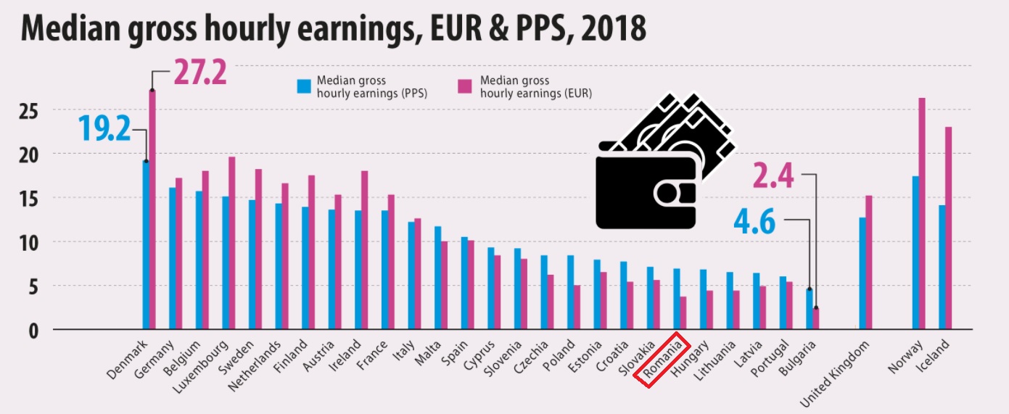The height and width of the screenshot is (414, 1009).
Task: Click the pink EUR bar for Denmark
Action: pyautogui.click(x=152, y=210)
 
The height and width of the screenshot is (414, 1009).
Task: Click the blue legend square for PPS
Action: pyautogui.click(x=304, y=87)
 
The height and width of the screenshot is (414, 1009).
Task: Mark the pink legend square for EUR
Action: pyautogui.click(x=464, y=87)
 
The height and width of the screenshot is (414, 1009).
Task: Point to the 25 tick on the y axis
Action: pyautogui.click(x=28, y=110)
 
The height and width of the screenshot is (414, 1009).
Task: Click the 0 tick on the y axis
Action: pyautogui.click(x=33, y=330)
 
